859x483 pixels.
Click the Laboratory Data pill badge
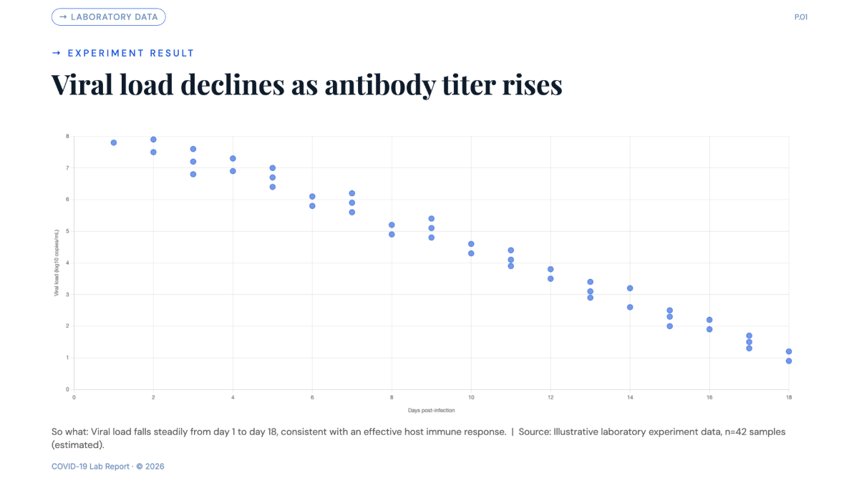click(109, 17)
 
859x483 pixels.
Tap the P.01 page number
click(801, 17)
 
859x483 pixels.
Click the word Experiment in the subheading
click(105, 53)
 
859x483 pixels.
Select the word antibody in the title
click(380, 85)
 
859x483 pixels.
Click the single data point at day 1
click(114, 142)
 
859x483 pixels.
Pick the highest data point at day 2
click(153, 140)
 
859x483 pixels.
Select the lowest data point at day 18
click(789, 361)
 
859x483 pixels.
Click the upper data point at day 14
click(630, 288)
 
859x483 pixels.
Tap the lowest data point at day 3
click(193, 175)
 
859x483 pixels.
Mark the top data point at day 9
click(432, 218)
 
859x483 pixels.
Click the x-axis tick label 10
click(471, 398)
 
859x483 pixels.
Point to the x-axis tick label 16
click(709, 398)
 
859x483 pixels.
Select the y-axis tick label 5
click(67, 231)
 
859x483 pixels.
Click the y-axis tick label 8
click(67, 136)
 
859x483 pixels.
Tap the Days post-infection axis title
click(432, 410)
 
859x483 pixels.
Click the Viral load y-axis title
click(57, 263)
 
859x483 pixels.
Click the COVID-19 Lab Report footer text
click(90, 467)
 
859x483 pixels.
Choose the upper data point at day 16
click(709, 320)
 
